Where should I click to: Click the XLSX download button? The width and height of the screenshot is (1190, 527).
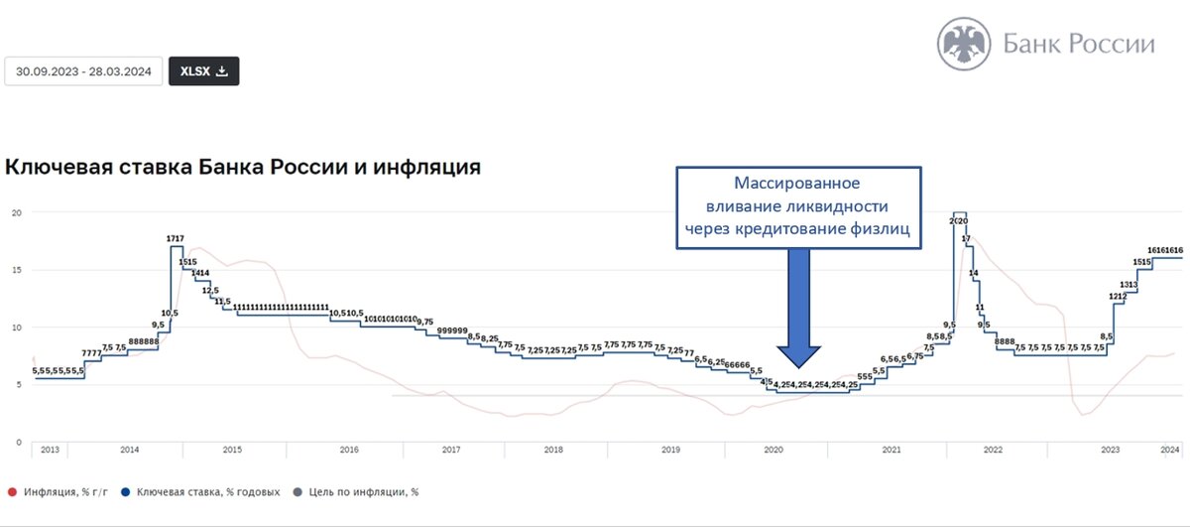pyautogui.click(x=203, y=71)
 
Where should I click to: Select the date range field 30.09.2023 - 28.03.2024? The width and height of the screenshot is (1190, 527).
pyautogui.click(x=83, y=71)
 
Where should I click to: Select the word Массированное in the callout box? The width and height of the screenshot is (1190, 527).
pyautogui.click(x=796, y=185)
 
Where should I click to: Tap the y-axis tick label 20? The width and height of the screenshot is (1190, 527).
pyautogui.click(x=16, y=212)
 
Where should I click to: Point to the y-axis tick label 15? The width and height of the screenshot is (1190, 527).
pyautogui.click(x=16, y=270)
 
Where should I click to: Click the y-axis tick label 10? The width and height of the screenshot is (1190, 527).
pyautogui.click(x=16, y=328)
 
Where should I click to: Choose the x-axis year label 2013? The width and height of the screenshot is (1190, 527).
pyautogui.click(x=50, y=450)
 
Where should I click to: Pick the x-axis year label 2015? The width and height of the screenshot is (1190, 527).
pyautogui.click(x=232, y=450)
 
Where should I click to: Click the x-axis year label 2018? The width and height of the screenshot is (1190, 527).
pyautogui.click(x=553, y=450)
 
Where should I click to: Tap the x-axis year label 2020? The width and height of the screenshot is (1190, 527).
pyautogui.click(x=773, y=450)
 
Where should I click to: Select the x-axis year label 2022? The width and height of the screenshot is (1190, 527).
pyautogui.click(x=993, y=450)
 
